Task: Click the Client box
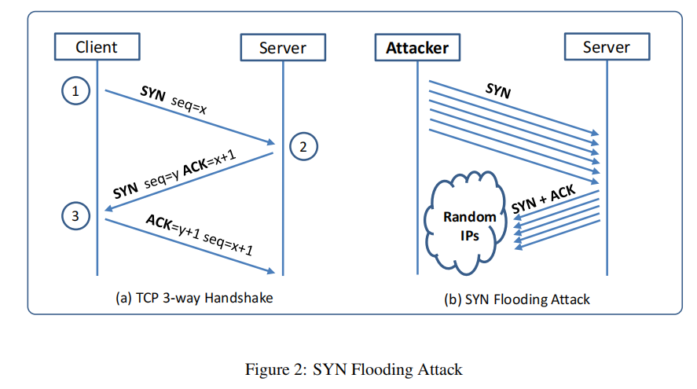point(97,47)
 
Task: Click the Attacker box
point(417,47)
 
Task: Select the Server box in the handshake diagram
point(283,47)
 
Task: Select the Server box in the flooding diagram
point(606,47)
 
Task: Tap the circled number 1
point(75,91)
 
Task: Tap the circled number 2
point(303,145)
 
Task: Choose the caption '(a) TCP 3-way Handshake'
point(194,298)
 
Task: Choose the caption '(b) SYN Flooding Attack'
point(516,299)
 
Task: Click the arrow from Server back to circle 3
point(189,180)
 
